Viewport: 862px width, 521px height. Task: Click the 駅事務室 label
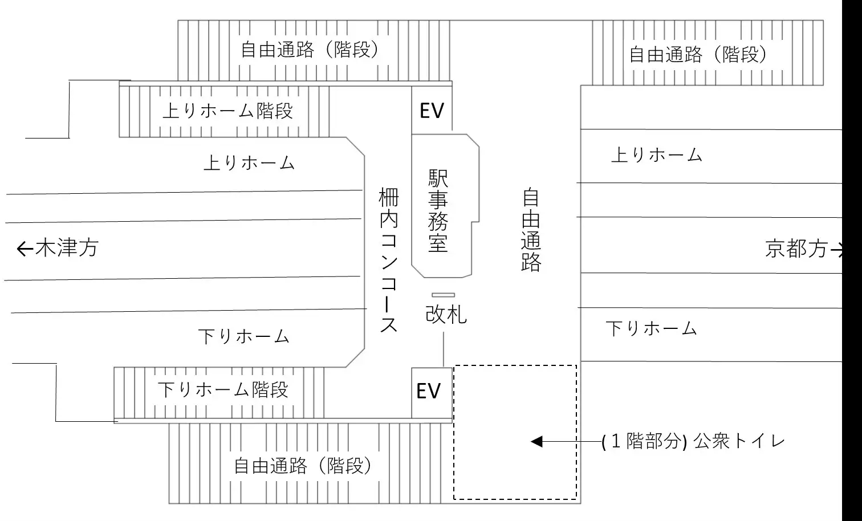pyautogui.click(x=438, y=211)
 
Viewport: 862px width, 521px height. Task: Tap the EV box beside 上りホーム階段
pyautogui.click(x=432, y=110)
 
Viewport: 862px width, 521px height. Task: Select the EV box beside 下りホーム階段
pyautogui.click(x=429, y=391)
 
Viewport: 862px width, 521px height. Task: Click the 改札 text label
pyautogui.click(x=446, y=314)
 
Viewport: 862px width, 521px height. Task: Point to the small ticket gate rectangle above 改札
pyautogui.click(x=443, y=295)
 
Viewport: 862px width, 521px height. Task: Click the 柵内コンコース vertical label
pyautogui.click(x=388, y=260)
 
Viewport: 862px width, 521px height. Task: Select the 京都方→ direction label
pyautogui.click(x=804, y=249)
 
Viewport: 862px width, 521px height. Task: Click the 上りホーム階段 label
pyautogui.click(x=227, y=110)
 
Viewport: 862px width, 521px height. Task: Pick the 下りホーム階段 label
pyautogui.click(x=223, y=390)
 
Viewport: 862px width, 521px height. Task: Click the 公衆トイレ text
pyautogui.click(x=739, y=441)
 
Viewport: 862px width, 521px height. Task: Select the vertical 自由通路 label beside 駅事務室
pyautogui.click(x=531, y=230)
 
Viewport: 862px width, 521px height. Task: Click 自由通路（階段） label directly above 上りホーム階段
pyautogui.click(x=310, y=50)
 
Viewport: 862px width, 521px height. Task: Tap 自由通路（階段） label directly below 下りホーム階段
pyautogui.click(x=303, y=466)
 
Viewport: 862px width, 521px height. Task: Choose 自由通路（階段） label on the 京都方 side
pyautogui.click(x=698, y=54)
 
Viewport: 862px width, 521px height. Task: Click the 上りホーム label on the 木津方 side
pyautogui.click(x=249, y=163)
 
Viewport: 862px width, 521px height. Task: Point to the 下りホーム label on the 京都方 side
pyautogui.click(x=651, y=328)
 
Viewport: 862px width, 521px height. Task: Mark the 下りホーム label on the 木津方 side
pyautogui.click(x=244, y=336)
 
